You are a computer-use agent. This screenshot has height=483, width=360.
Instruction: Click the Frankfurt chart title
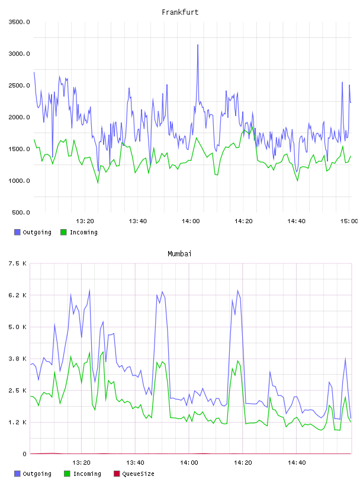click(x=180, y=12)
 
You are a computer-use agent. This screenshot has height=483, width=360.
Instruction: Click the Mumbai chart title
click(x=179, y=254)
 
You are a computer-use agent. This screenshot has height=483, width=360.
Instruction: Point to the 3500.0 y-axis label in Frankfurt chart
click(x=20, y=22)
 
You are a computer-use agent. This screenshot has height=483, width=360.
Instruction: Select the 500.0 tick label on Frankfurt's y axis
click(x=21, y=212)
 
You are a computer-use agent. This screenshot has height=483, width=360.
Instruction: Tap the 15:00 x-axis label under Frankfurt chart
click(x=349, y=221)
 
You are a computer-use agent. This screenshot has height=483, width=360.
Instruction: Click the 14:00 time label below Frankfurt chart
click(x=191, y=221)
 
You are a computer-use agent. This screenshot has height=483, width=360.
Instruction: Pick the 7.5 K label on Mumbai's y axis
click(x=18, y=263)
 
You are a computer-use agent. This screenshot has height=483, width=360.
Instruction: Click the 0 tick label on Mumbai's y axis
click(x=25, y=454)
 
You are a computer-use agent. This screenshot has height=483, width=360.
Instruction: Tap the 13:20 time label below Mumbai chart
click(x=81, y=463)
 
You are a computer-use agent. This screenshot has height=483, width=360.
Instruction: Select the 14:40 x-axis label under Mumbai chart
click(x=297, y=463)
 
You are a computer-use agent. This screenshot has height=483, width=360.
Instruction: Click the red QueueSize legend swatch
click(x=117, y=474)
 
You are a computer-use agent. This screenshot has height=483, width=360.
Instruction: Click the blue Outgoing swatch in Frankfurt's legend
click(x=17, y=232)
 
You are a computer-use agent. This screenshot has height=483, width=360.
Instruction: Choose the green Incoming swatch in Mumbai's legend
click(x=67, y=474)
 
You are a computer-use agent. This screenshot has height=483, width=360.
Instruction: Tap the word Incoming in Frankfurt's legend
click(x=83, y=233)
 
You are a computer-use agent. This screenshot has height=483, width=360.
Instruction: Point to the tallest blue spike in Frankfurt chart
click(x=198, y=45)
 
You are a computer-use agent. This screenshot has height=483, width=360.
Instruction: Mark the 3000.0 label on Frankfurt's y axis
click(x=20, y=54)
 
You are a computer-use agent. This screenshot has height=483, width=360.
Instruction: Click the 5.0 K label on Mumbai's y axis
click(x=18, y=327)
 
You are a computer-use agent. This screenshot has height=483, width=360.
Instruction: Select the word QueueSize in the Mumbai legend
click(x=138, y=474)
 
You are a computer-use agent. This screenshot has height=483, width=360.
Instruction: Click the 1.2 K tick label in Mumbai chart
click(x=18, y=422)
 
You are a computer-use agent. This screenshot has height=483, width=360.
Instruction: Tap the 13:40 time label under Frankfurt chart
click(x=138, y=221)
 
